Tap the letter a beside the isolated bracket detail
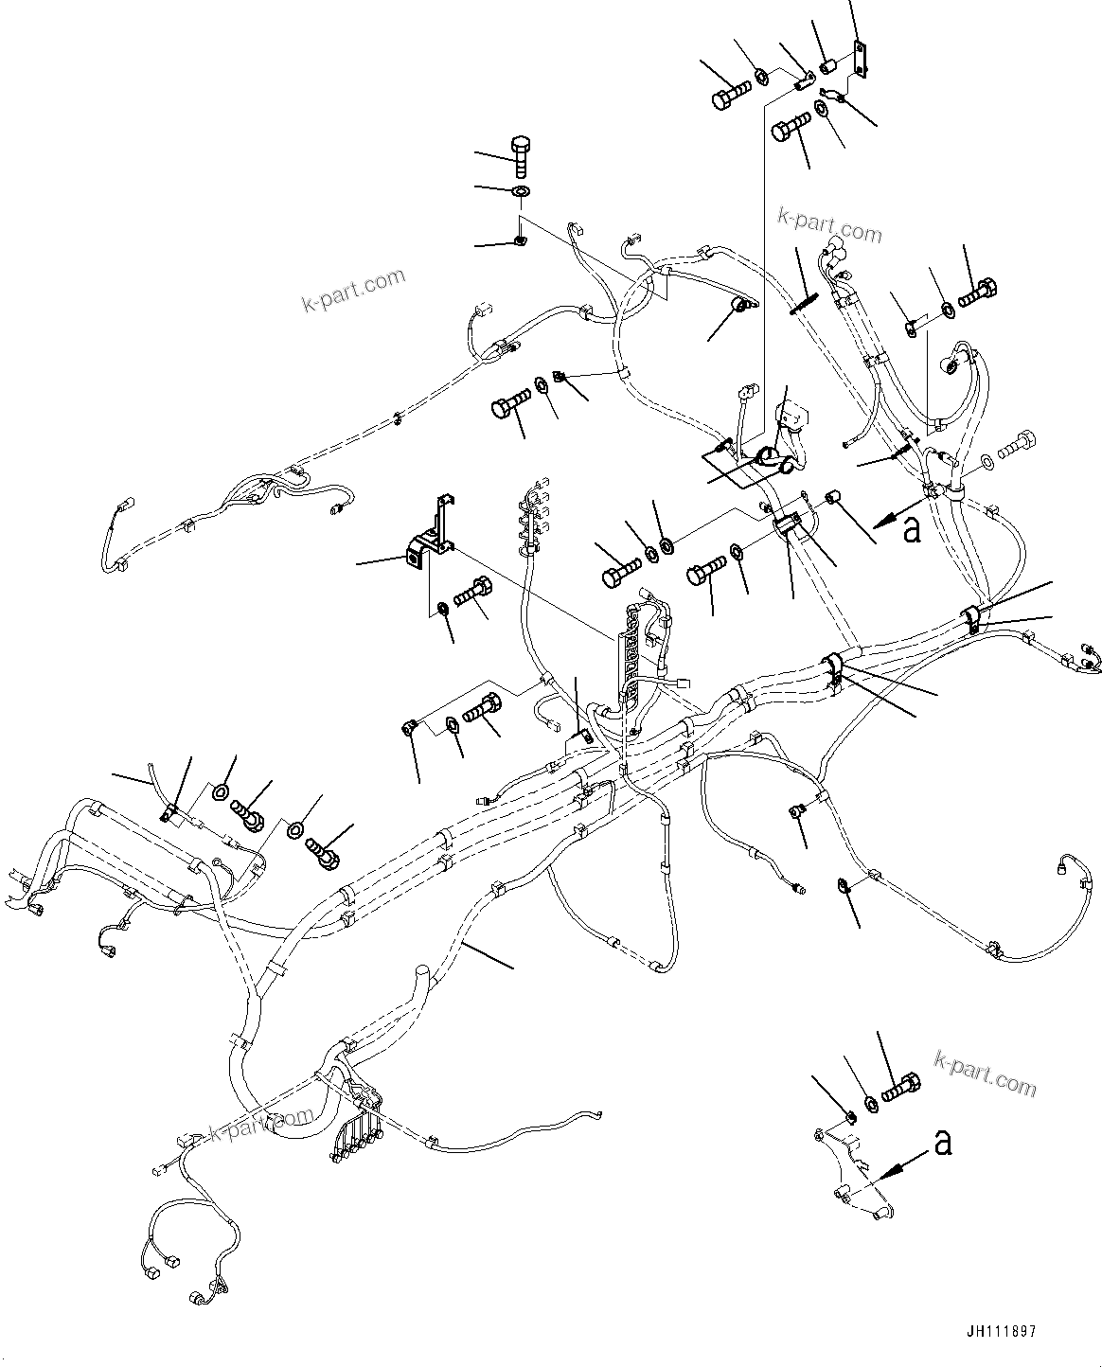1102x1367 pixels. (942, 1143)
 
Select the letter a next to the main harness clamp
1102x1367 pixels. (911, 530)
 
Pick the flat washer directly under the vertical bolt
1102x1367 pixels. (521, 193)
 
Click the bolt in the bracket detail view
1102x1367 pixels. (899, 1088)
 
